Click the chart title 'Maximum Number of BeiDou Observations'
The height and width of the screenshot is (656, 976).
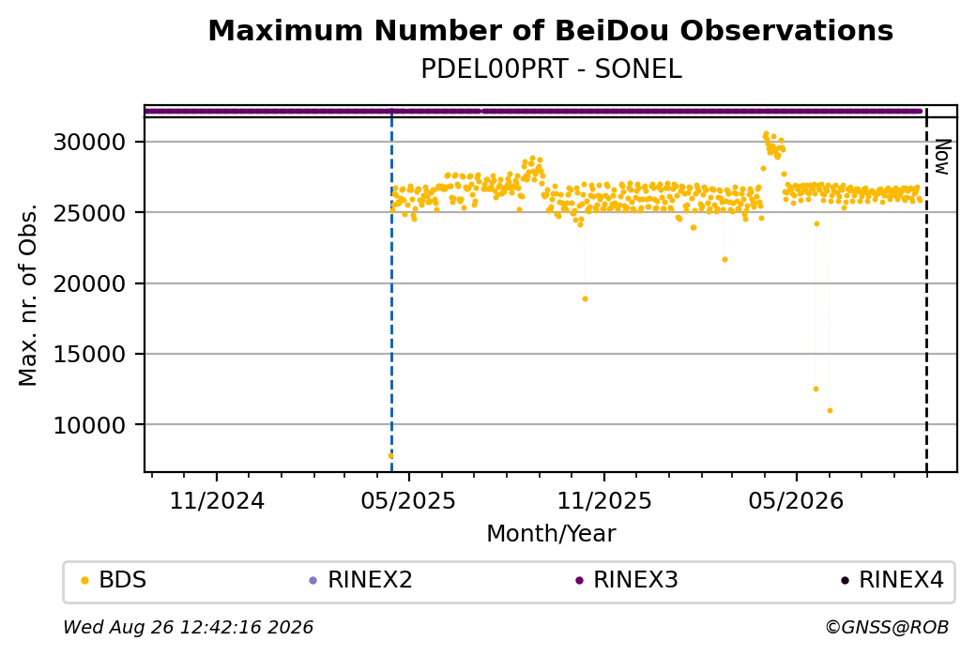550,30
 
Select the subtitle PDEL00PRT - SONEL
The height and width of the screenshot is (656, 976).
551,69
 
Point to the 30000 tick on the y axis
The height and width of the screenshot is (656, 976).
90,142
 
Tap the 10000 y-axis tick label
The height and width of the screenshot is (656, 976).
90,425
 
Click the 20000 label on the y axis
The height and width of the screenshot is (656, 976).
90,283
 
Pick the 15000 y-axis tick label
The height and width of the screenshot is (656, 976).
90,354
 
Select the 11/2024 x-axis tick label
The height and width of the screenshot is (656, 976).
217,500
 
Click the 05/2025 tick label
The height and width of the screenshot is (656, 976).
408,500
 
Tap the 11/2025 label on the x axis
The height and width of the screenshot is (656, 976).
603,500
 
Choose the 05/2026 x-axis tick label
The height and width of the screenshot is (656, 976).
796,500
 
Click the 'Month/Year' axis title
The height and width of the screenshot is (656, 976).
551,533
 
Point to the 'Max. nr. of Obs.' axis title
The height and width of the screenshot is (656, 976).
28,295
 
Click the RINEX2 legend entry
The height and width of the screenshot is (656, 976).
361,580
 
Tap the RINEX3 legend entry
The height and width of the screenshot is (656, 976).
627,580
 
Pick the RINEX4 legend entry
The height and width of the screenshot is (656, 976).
892,580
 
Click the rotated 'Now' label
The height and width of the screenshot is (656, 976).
943,157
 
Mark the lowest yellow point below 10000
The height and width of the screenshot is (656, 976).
390,455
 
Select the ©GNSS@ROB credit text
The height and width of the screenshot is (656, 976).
887,627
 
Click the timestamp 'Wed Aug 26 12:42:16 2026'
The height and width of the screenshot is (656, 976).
188,627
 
